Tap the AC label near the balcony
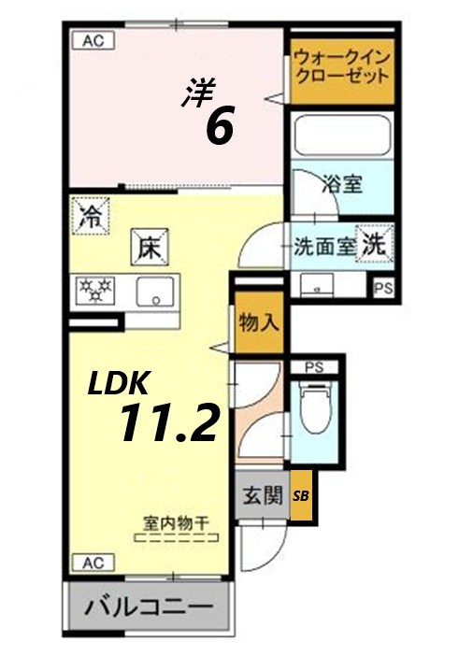point(93,563)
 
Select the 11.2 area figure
point(168,423)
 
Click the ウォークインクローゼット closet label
point(340,67)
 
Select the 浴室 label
point(342,182)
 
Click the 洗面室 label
point(323,248)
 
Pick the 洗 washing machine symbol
point(374,245)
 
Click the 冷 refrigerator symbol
point(91,218)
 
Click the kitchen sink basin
point(151,292)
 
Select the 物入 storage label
point(258,324)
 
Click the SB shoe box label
point(301,497)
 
